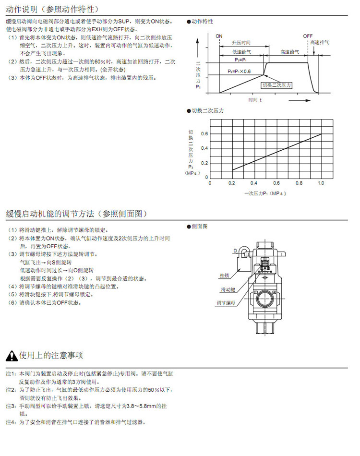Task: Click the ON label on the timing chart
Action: pos(219,36)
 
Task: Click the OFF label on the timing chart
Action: pos(308,36)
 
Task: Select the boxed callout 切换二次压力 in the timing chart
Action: pos(276,85)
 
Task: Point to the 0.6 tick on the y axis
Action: pos(205,134)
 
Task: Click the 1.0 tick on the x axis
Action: pos(321,183)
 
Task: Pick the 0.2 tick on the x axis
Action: pos(232,183)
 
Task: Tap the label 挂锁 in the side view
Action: pos(224,276)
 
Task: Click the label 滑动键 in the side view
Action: pos(228,289)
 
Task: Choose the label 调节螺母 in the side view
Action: pos(225,303)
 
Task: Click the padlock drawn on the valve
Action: pos(243,252)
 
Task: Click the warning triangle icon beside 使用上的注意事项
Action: pos(12,356)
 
